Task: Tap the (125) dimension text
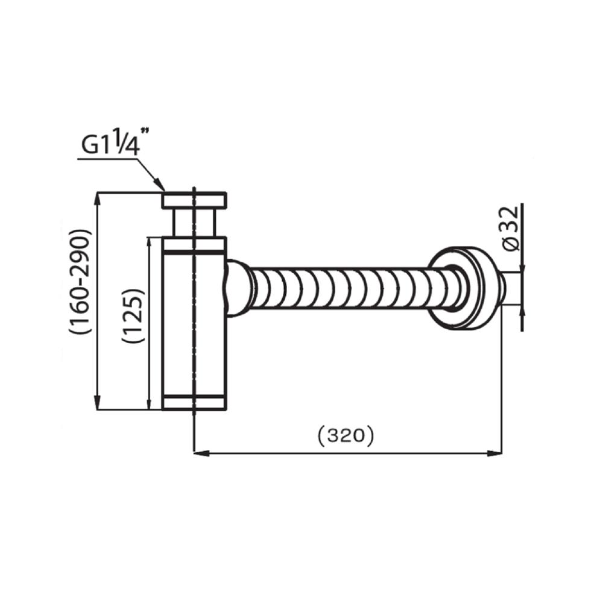tap(132, 316)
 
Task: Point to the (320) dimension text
tap(346, 436)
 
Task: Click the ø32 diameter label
tap(510, 229)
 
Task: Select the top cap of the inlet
tap(194, 200)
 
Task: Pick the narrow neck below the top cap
tap(194, 222)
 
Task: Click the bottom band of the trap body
tap(194, 403)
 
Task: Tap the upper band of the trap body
tap(194, 244)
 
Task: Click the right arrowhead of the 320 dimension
tap(497, 452)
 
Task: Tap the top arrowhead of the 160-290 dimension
tap(98, 198)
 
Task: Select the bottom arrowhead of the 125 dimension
tap(148, 403)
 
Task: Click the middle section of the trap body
tap(194, 323)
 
